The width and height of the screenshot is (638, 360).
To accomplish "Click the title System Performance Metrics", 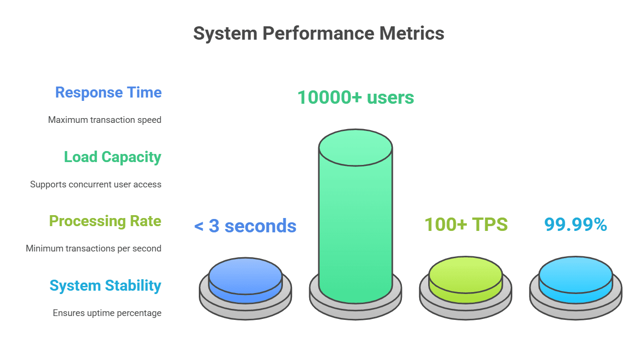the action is [x=319, y=33].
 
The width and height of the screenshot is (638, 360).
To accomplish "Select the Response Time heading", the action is [x=108, y=92].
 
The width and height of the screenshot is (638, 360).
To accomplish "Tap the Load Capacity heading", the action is [x=113, y=157].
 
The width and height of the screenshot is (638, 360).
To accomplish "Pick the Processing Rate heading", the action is [x=105, y=221].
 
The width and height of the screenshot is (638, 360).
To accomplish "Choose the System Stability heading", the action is [x=106, y=285].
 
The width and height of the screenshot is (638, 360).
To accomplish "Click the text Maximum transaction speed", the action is [x=105, y=120].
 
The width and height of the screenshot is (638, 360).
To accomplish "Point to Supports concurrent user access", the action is [x=96, y=184].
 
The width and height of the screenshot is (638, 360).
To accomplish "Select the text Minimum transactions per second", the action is [x=94, y=249].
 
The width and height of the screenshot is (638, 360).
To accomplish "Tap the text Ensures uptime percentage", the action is [x=107, y=313].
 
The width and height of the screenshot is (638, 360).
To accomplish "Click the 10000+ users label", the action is [x=356, y=98].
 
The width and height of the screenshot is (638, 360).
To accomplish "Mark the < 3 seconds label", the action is [x=245, y=226].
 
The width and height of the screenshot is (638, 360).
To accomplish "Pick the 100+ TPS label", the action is [x=466, y=224].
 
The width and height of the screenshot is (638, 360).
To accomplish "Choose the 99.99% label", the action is [x=576, y=224].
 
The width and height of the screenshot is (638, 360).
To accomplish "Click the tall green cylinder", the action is [x=356, y=225].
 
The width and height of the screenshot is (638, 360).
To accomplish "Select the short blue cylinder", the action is [x=246, y=282].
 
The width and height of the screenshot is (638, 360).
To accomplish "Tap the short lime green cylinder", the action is [x=465, y=282].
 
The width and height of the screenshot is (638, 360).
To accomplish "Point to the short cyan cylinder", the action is [x=576, y=282].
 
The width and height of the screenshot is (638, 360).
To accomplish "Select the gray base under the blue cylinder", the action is [x=246, y=309].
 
